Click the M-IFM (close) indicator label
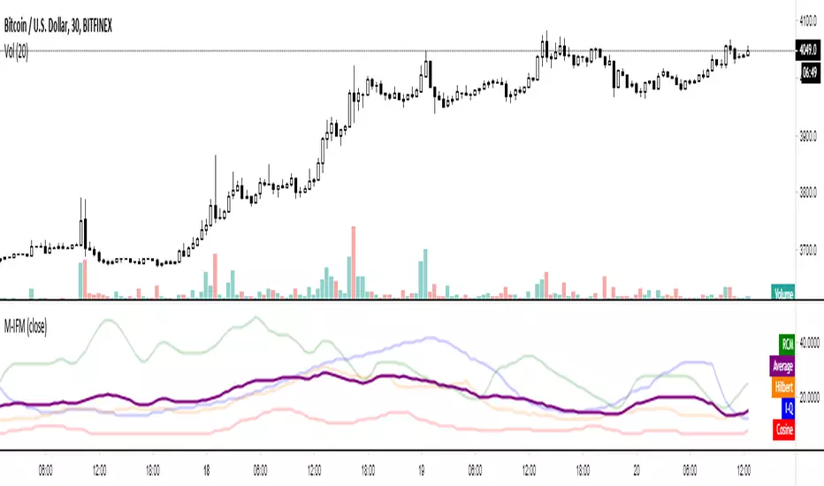coord(25,327)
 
